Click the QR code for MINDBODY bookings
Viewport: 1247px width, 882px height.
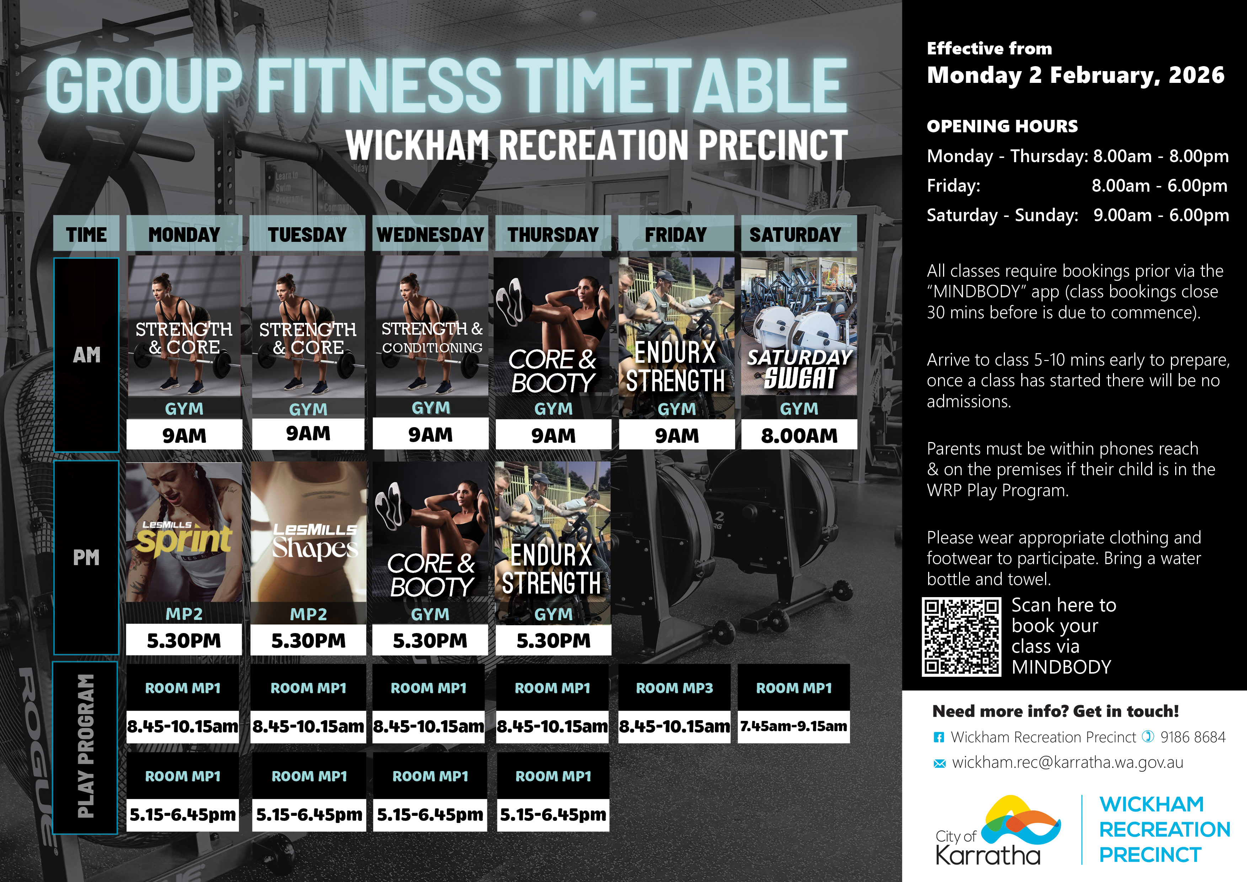(x=961, y=636)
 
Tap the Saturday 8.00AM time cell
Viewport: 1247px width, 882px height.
(x=799, y=435)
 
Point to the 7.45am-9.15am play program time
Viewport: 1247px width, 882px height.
(x=793, y=726)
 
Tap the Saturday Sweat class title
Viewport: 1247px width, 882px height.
(x=799, y=370)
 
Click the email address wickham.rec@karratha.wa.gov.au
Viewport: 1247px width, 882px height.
(x=1067, y=763)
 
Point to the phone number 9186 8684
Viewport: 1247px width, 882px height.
(x=1193, y=737)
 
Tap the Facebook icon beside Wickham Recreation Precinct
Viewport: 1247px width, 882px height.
(x=938, y=738)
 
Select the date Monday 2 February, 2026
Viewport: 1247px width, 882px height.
(x=1075, y=75)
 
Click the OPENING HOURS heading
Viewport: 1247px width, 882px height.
(x=1002, y=126)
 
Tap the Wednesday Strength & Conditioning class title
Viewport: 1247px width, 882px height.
(x=432, y=338)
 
